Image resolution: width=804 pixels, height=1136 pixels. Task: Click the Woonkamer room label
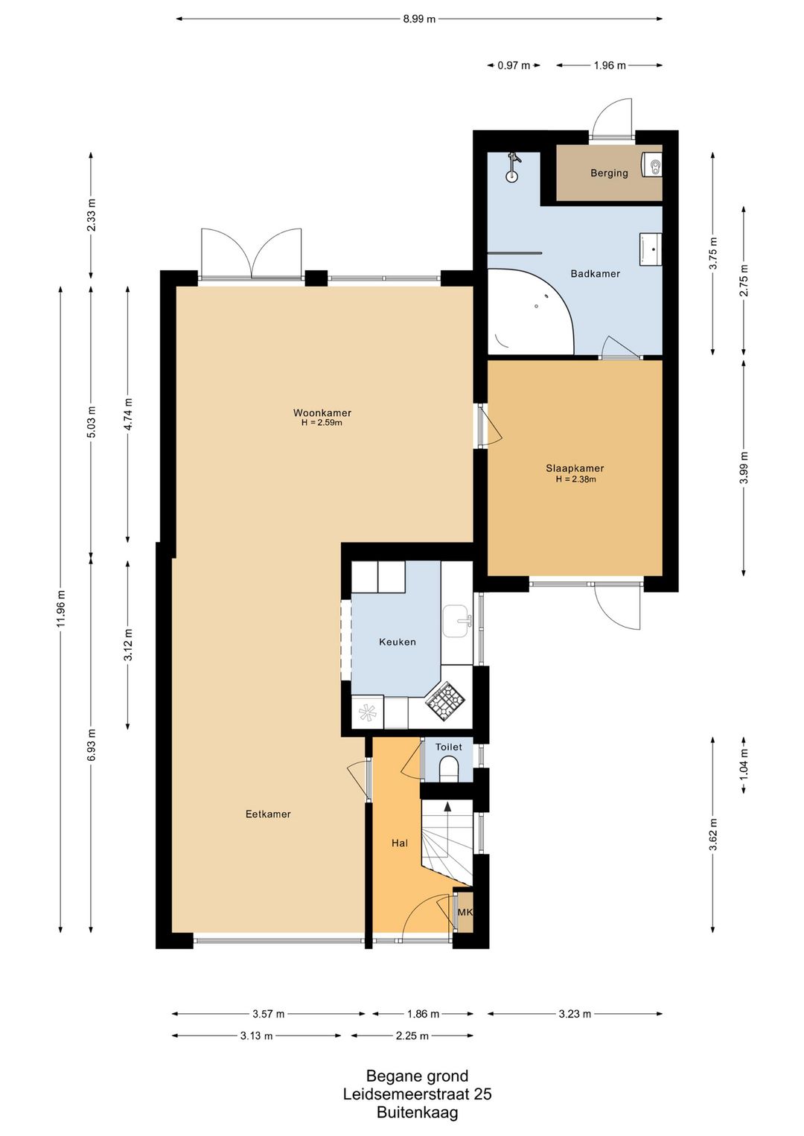click(x=322, y=412)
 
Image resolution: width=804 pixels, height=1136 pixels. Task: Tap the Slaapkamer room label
click(x=575, y=468)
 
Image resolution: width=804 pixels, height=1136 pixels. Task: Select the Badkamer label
click(x=595, y=273)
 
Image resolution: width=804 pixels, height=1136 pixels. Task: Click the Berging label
click(x=609, y=173)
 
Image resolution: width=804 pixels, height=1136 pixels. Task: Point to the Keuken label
click(x=398, y=642)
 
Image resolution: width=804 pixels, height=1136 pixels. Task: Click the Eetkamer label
click(x=268, y=814)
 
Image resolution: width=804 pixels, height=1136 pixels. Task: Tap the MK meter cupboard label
click(x=465, y=912)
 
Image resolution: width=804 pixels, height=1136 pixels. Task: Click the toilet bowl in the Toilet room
click(x=448, y=769)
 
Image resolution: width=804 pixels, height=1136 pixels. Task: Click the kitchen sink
click(x=456, y=621)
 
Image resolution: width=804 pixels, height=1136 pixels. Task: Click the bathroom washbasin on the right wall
click(x=650, y=249)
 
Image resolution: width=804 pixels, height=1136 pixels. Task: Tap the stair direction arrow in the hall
click(x=447, y=806)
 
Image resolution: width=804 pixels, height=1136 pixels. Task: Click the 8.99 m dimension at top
click(x=418, y=19)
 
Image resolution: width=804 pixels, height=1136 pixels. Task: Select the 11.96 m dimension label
click(x=61, y=608)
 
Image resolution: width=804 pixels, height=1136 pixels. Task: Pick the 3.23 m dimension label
click(x=575, y=1013)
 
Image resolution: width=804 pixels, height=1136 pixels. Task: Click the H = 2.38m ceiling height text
click(x=575, y=479)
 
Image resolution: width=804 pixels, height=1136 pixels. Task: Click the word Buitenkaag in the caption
click(x=417, y=1112)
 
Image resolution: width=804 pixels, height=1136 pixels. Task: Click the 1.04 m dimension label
click(x=744, y=765)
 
